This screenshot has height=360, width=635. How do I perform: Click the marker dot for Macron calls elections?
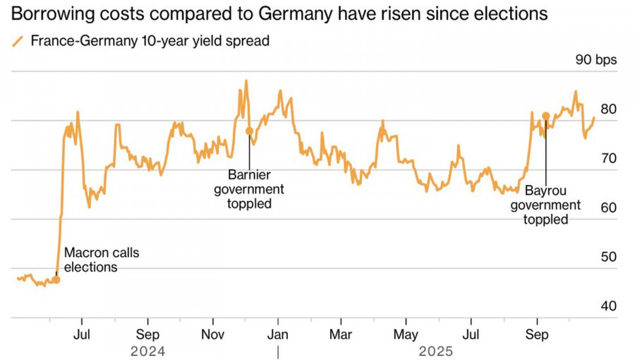click(56, 280)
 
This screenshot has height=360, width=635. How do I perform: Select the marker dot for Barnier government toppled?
click(249, 131)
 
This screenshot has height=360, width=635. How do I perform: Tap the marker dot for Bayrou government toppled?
click(545, 116)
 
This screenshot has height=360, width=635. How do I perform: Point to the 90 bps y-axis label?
click(596, 60)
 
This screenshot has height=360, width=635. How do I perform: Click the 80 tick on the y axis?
click(608, 109)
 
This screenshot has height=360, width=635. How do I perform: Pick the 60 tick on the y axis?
click(608, 208)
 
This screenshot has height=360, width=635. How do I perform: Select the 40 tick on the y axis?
click(608, 306)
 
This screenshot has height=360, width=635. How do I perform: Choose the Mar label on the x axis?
click(341, 333)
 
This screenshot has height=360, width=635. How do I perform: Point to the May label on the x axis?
click(406, 333)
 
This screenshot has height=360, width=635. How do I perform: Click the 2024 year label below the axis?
click(147, 351)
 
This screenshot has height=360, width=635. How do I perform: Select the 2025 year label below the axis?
click(437, 351)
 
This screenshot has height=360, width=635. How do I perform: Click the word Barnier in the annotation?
click(249, 174)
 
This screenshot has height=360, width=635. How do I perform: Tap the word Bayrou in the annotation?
click(545, 191)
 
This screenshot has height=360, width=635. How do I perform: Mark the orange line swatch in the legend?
click(18, 42)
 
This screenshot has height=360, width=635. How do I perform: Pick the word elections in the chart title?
click(506, 13)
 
